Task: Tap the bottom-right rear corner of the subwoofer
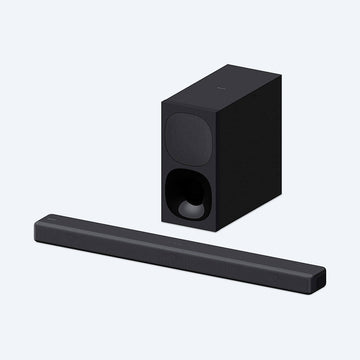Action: (x=270, y=180)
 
